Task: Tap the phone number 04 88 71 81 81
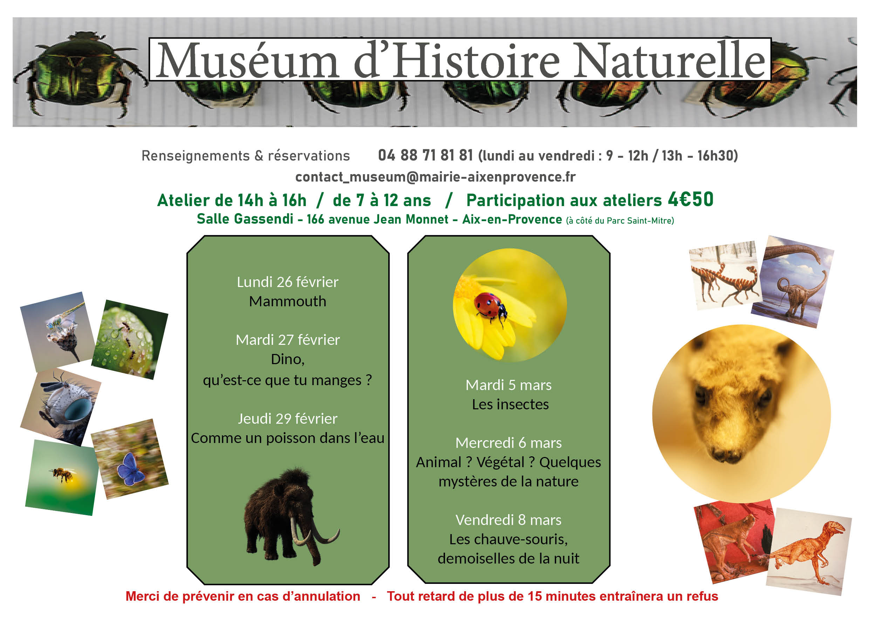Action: coord(425,155)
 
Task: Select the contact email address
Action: coord(435,177)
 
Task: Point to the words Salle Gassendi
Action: coord(245,219)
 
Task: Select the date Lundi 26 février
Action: coord(287,282)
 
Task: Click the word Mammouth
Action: coord(287,301)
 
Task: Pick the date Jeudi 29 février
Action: coord(287,419)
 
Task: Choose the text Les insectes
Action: coord(510,404)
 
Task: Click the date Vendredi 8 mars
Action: coord(508,520)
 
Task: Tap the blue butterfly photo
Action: coord(129,459)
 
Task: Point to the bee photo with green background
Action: coord(62,478)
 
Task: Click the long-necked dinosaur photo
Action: coord(792,282)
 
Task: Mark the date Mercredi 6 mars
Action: coord(508,443)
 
